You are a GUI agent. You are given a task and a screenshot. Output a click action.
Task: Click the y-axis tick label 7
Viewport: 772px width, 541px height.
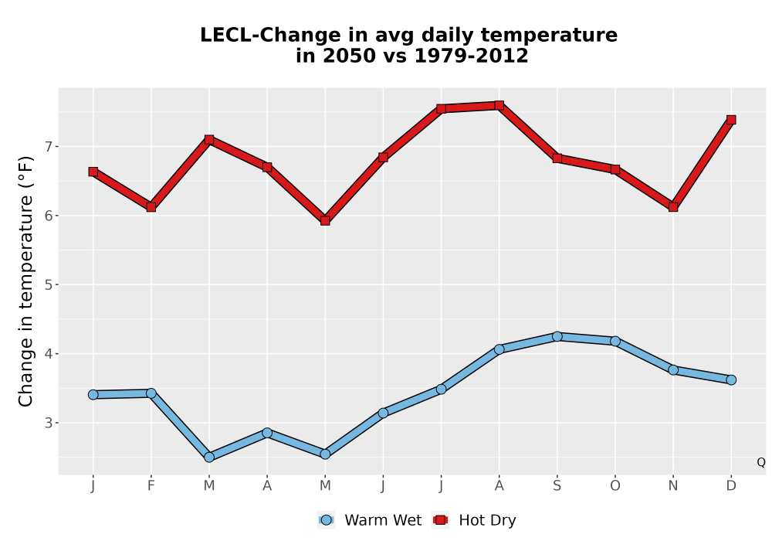click(48, 147)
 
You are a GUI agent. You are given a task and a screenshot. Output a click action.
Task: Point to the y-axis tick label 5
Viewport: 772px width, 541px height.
click(48, 284)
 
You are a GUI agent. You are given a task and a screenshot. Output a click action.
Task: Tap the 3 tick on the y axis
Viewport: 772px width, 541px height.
click(48, 423)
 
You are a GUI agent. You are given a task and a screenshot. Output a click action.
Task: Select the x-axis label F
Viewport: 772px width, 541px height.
click(151, 486)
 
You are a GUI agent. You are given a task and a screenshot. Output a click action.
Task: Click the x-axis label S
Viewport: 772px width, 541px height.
click(557, 486)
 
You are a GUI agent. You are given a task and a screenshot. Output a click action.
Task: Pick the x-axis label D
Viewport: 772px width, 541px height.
click(731, 486)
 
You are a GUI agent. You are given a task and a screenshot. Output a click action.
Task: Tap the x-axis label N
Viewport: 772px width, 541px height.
click(673, 486)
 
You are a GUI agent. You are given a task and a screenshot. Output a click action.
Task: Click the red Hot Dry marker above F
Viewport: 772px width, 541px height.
click(151, 207)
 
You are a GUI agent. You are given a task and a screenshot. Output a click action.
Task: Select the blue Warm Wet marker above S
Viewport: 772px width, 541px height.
click(557, 336)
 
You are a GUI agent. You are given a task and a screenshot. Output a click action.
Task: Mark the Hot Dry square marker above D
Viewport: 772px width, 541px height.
click(731, 120)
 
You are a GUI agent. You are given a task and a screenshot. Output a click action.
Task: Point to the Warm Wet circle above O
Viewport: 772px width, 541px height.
click(615, 341)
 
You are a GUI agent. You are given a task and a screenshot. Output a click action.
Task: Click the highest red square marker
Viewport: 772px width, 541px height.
click(499, 105)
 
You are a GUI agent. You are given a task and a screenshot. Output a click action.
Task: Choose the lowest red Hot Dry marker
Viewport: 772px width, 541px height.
click(325, 220)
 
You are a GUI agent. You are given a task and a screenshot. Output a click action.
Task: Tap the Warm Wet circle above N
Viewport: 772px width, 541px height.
click(673, 370)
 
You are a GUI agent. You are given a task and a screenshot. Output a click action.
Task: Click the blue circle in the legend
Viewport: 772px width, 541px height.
click(326, 520)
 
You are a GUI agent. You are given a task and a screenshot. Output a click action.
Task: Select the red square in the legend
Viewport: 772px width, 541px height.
click(440, 520)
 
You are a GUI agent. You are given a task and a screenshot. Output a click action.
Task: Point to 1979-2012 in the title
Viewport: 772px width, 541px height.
click(471, 56)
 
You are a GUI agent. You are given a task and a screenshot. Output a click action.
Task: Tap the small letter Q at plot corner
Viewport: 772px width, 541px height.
click(761, 462)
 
